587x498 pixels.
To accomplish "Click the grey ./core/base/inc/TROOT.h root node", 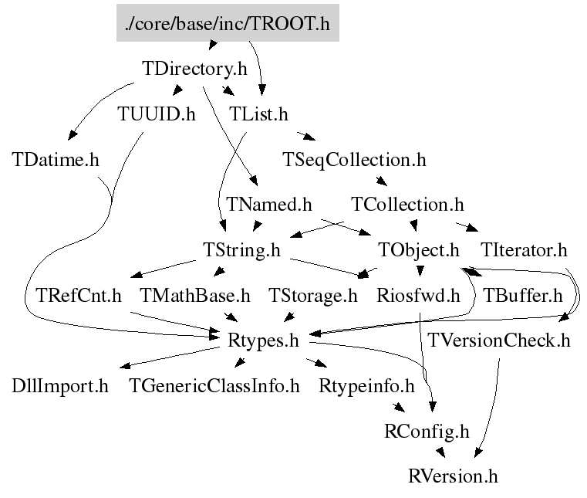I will (227, 24).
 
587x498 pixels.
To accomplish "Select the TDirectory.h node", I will (195, 69).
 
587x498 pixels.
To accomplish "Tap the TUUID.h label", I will (157, 114).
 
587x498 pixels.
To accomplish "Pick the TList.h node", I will (259, 114).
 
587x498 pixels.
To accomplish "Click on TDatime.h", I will (56, 159).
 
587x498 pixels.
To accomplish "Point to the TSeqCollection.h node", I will (354, 160).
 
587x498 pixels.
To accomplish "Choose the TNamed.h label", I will (269, 205).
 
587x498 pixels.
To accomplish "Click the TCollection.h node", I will (407, 205).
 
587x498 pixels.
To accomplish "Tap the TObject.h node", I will (419, 250).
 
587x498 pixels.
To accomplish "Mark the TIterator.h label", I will (524, 250).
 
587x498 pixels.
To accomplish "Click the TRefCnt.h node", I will (79, 295).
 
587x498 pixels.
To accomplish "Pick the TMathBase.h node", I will (195, 295).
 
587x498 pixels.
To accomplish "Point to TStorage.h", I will (313, 295).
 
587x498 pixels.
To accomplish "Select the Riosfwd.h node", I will (418, 295).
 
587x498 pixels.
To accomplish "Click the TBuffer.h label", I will (521, 295).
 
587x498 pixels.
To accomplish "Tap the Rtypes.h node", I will (263, 340).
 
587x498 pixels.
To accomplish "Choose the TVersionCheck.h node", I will (499, 340).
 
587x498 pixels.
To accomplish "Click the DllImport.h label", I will (60, 385).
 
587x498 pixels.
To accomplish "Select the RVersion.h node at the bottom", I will (453, 476).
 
